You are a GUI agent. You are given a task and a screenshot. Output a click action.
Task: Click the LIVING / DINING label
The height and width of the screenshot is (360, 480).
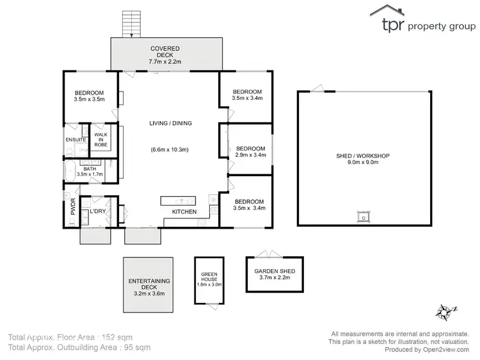click(x=171, y=124)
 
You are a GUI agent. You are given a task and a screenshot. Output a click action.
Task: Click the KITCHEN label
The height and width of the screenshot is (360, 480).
click(x=184, y=212)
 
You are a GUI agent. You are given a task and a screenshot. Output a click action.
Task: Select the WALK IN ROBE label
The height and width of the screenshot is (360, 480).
click(x=101, y=140)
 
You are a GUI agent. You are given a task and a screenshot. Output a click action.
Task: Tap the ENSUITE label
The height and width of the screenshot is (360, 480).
click(x=76, y=140)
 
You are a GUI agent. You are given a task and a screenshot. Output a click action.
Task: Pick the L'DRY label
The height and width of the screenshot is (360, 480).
click(x=97, y=211)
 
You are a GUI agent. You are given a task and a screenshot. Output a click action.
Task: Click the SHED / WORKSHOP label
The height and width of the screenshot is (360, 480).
click(x=363, y=156)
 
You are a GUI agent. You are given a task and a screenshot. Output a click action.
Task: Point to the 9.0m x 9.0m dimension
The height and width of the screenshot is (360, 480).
click(x=363, y=163)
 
